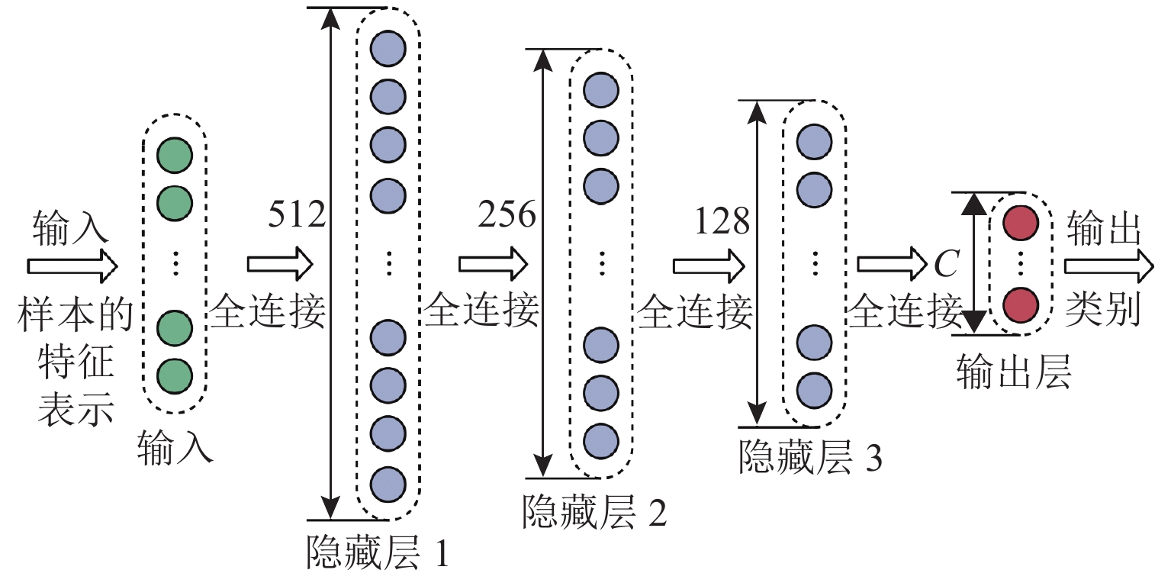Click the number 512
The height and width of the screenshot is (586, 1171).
coord(297,217)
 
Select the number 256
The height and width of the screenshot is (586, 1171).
coord(507,217)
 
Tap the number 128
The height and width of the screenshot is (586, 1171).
coord(722,221)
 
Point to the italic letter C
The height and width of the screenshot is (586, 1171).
coord(945,265)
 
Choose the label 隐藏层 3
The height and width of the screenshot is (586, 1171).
coord(810,459)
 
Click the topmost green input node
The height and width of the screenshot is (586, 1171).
coord(175,156)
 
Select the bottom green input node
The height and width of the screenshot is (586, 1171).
coord(175,375)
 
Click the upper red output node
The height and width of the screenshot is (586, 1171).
coord(1020,223)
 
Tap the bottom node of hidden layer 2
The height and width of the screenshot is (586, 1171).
coord(601,440)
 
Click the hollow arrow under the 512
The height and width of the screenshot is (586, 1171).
coord(280,264)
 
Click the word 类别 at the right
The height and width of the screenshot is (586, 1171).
coord(1104,310)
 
